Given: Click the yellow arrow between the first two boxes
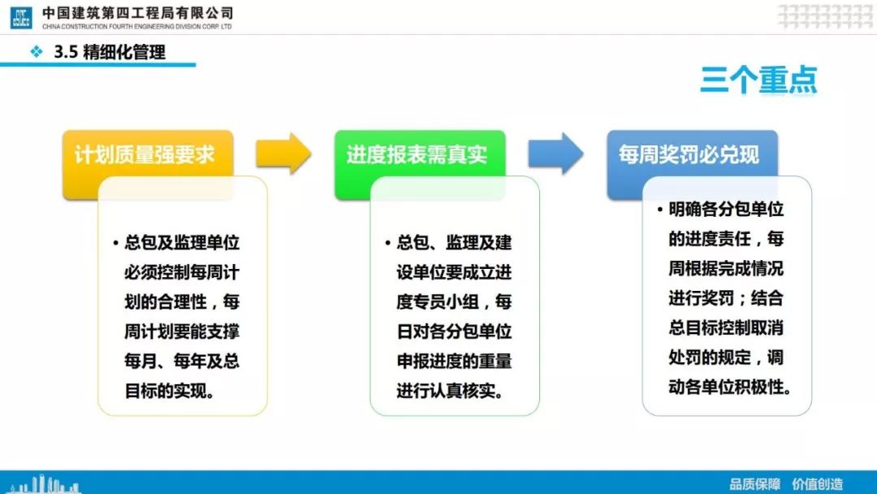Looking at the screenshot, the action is [x=283, y=154].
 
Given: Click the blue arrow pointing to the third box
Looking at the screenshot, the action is [x=555, y=154].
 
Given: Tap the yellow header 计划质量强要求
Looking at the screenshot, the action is [x=145, y=155].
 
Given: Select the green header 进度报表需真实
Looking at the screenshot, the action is [x=417, y=155].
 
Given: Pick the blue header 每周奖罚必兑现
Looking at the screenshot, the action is [x=689, y=155].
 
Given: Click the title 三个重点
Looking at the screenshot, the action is [x=758, y=80].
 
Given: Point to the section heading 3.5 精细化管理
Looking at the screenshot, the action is [x=110, y=52].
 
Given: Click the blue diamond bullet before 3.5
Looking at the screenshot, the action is [x=37, y=52].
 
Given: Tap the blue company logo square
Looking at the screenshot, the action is [x=21, y=17].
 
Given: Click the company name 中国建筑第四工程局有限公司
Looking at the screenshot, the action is [x=137, y=13].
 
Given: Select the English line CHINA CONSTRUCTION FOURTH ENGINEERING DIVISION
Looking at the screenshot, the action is [x=136, y=26].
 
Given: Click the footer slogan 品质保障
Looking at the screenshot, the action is [x=754, y=484].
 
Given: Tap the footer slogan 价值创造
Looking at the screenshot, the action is [x=817, y=484].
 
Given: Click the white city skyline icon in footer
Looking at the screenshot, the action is [x=45, y=484].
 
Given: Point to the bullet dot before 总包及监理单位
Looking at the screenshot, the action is [x=116, y=243].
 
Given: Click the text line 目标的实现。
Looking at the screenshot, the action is [x=170, y=391].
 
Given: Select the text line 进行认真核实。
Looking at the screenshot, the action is [x=450, y=391].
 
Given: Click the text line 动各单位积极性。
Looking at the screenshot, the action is [x=730, y=387].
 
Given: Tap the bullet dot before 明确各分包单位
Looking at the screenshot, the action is [x=660, y=210].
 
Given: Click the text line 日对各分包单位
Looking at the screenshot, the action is [x=454, y=331].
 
